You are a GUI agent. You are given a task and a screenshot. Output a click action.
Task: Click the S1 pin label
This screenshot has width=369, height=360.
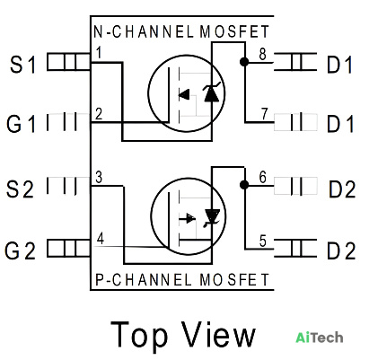pos(23,65)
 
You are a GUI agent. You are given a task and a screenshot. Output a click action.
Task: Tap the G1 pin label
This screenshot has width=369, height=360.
pos(21,124)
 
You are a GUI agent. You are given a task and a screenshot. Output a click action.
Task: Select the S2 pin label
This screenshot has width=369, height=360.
pos(20,189)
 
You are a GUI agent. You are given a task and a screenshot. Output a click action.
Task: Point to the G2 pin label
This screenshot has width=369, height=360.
pos(20,250)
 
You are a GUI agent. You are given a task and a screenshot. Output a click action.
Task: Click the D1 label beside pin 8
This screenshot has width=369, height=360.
pos(339,65)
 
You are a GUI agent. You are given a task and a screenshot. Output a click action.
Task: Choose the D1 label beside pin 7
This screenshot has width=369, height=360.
pos(339,124)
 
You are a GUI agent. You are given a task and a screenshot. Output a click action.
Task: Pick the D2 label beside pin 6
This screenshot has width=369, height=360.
pos(342,189)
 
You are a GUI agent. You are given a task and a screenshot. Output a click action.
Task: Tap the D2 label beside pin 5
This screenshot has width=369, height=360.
pos(341,250)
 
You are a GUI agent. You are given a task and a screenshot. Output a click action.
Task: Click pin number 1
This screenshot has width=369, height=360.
pos(99,53)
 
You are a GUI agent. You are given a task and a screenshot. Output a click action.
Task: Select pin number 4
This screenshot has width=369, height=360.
pos(101,239)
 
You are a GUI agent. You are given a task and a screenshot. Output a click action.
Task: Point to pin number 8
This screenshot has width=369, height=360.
pos(262,55)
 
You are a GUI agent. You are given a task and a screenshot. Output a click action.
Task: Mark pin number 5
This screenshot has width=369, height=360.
pos(263,241)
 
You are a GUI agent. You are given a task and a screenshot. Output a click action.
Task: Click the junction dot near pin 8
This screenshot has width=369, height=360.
pos(244,62)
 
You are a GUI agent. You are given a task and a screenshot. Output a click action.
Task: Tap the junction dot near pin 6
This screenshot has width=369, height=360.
pos(244,185)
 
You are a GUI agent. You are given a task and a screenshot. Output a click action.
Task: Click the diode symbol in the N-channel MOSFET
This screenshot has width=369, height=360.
pos(212,93)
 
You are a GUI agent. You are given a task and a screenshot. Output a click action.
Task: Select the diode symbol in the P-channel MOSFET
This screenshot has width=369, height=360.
pos(212,217)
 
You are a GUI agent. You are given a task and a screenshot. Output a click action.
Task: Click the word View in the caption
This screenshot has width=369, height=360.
pos(219,333)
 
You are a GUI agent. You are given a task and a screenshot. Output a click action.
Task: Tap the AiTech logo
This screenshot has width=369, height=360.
pos(320,338)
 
